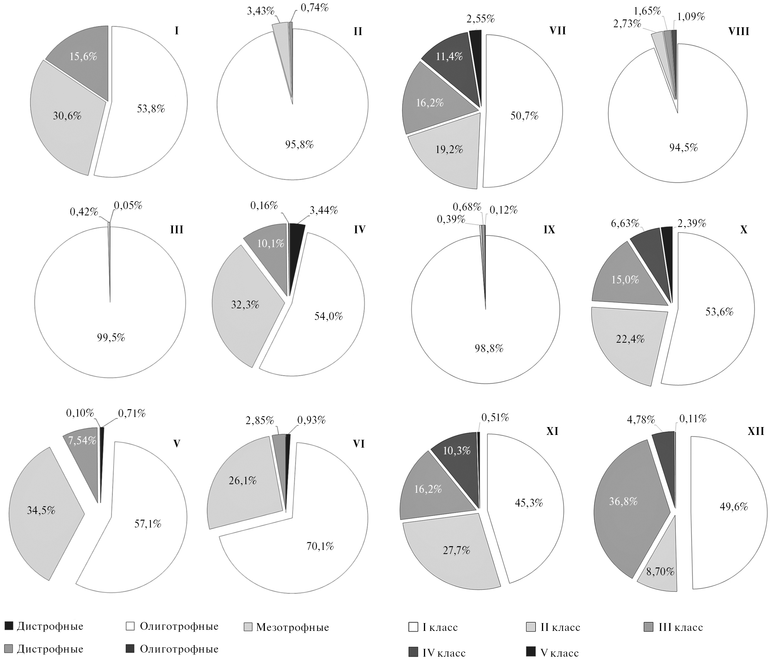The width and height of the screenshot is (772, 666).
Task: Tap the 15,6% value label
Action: (x=83, y=56)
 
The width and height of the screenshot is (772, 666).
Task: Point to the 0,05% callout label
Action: (x=128, y=205)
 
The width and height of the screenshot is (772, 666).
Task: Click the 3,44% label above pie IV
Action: (x=323, y=210)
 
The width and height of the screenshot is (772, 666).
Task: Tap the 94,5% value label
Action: (x=683, y=148)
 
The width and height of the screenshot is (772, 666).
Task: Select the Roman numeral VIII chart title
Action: (x=738, y=31)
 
